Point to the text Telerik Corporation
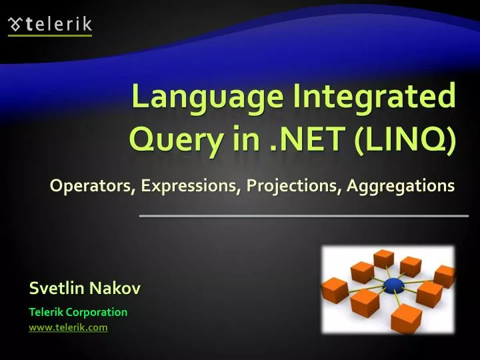tap(78, 311)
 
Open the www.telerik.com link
tap(68, 327)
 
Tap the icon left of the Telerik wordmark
tap(15, 25)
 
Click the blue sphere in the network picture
tap(393, 285)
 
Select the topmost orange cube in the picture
tap(384, 257)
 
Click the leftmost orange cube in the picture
tap(335, 290)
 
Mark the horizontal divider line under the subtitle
tap(303, 216)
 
